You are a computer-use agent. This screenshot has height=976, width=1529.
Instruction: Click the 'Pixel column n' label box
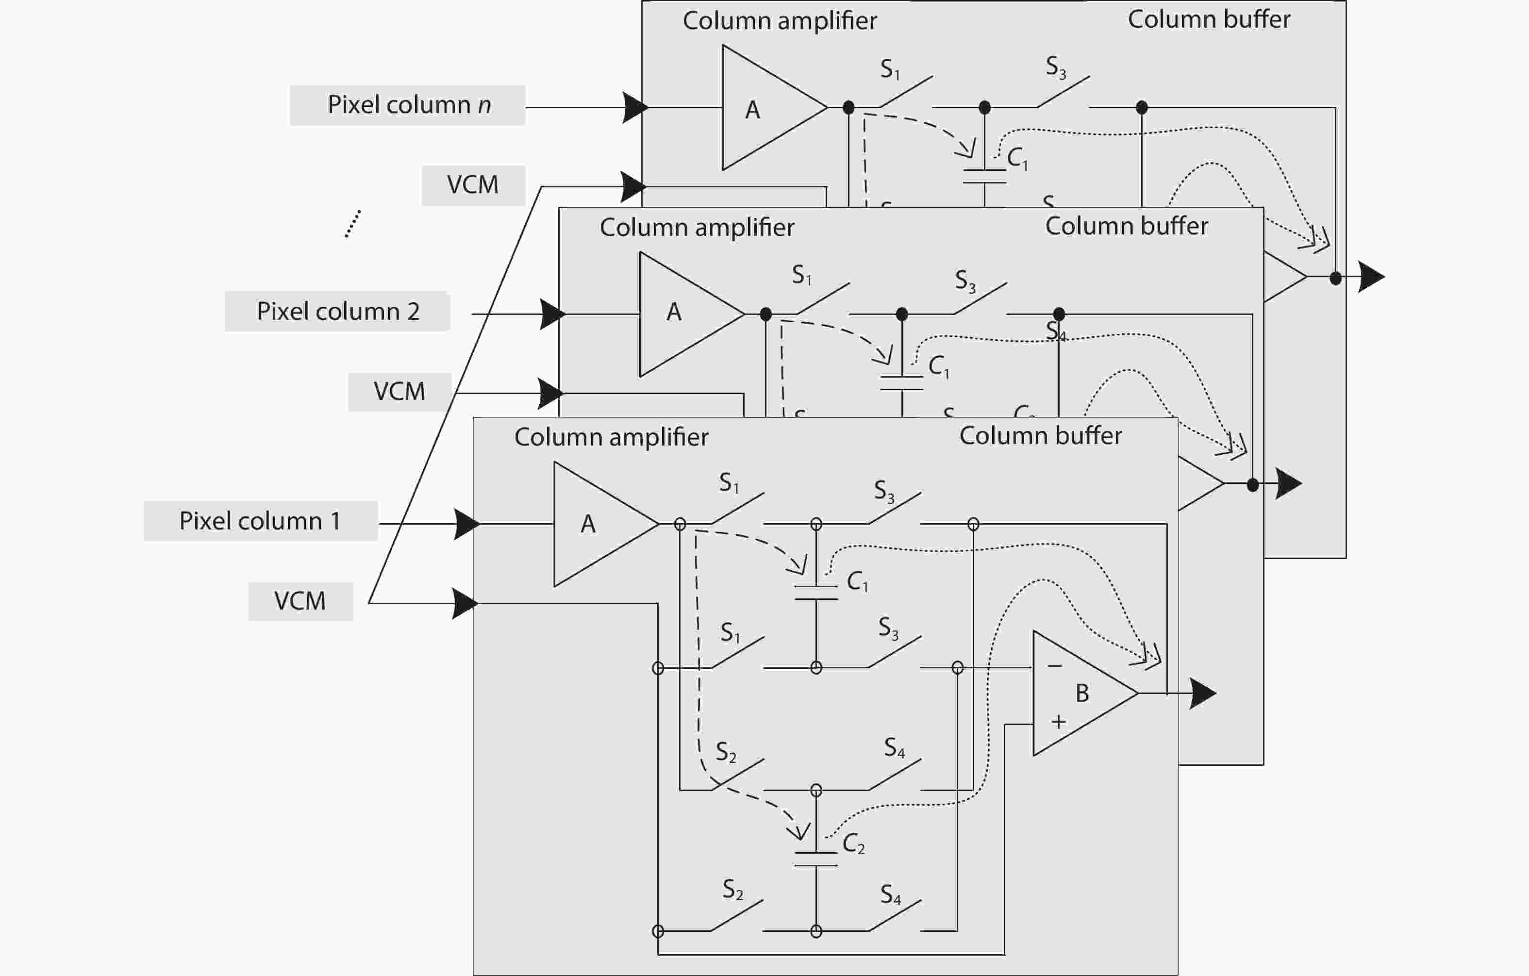pos(408,105)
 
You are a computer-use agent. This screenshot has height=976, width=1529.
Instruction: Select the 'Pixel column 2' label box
pos(337,311)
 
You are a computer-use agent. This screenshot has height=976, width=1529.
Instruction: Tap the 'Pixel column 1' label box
pos(260,521)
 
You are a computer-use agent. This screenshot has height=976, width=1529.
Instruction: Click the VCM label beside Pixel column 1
pos(300,601)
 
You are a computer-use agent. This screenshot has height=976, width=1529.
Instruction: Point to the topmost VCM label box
pos(473,185)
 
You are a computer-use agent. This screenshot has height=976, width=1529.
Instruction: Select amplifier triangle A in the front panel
pos(597,524)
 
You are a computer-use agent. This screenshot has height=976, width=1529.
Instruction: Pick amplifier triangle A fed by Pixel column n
pos(765,108)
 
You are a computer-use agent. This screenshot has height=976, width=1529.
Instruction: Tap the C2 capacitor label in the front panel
pos(853,844)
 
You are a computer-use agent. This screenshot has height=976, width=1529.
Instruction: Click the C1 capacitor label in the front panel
pos(857,581)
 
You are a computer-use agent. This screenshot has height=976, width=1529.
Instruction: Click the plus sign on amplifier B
pos(1058,721)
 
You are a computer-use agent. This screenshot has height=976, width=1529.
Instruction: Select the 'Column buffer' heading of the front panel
pos(1040,436)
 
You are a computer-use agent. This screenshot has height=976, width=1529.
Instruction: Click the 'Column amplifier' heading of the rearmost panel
pos(779,21)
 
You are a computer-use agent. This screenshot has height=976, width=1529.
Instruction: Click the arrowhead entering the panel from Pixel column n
pos(635,107)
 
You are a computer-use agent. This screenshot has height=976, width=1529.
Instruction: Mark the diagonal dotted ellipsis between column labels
pos(353,224)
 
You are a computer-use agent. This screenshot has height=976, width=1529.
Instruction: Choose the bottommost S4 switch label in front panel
pos(890,895)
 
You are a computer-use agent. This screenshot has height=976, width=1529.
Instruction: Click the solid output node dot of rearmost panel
pos(1335,278)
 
